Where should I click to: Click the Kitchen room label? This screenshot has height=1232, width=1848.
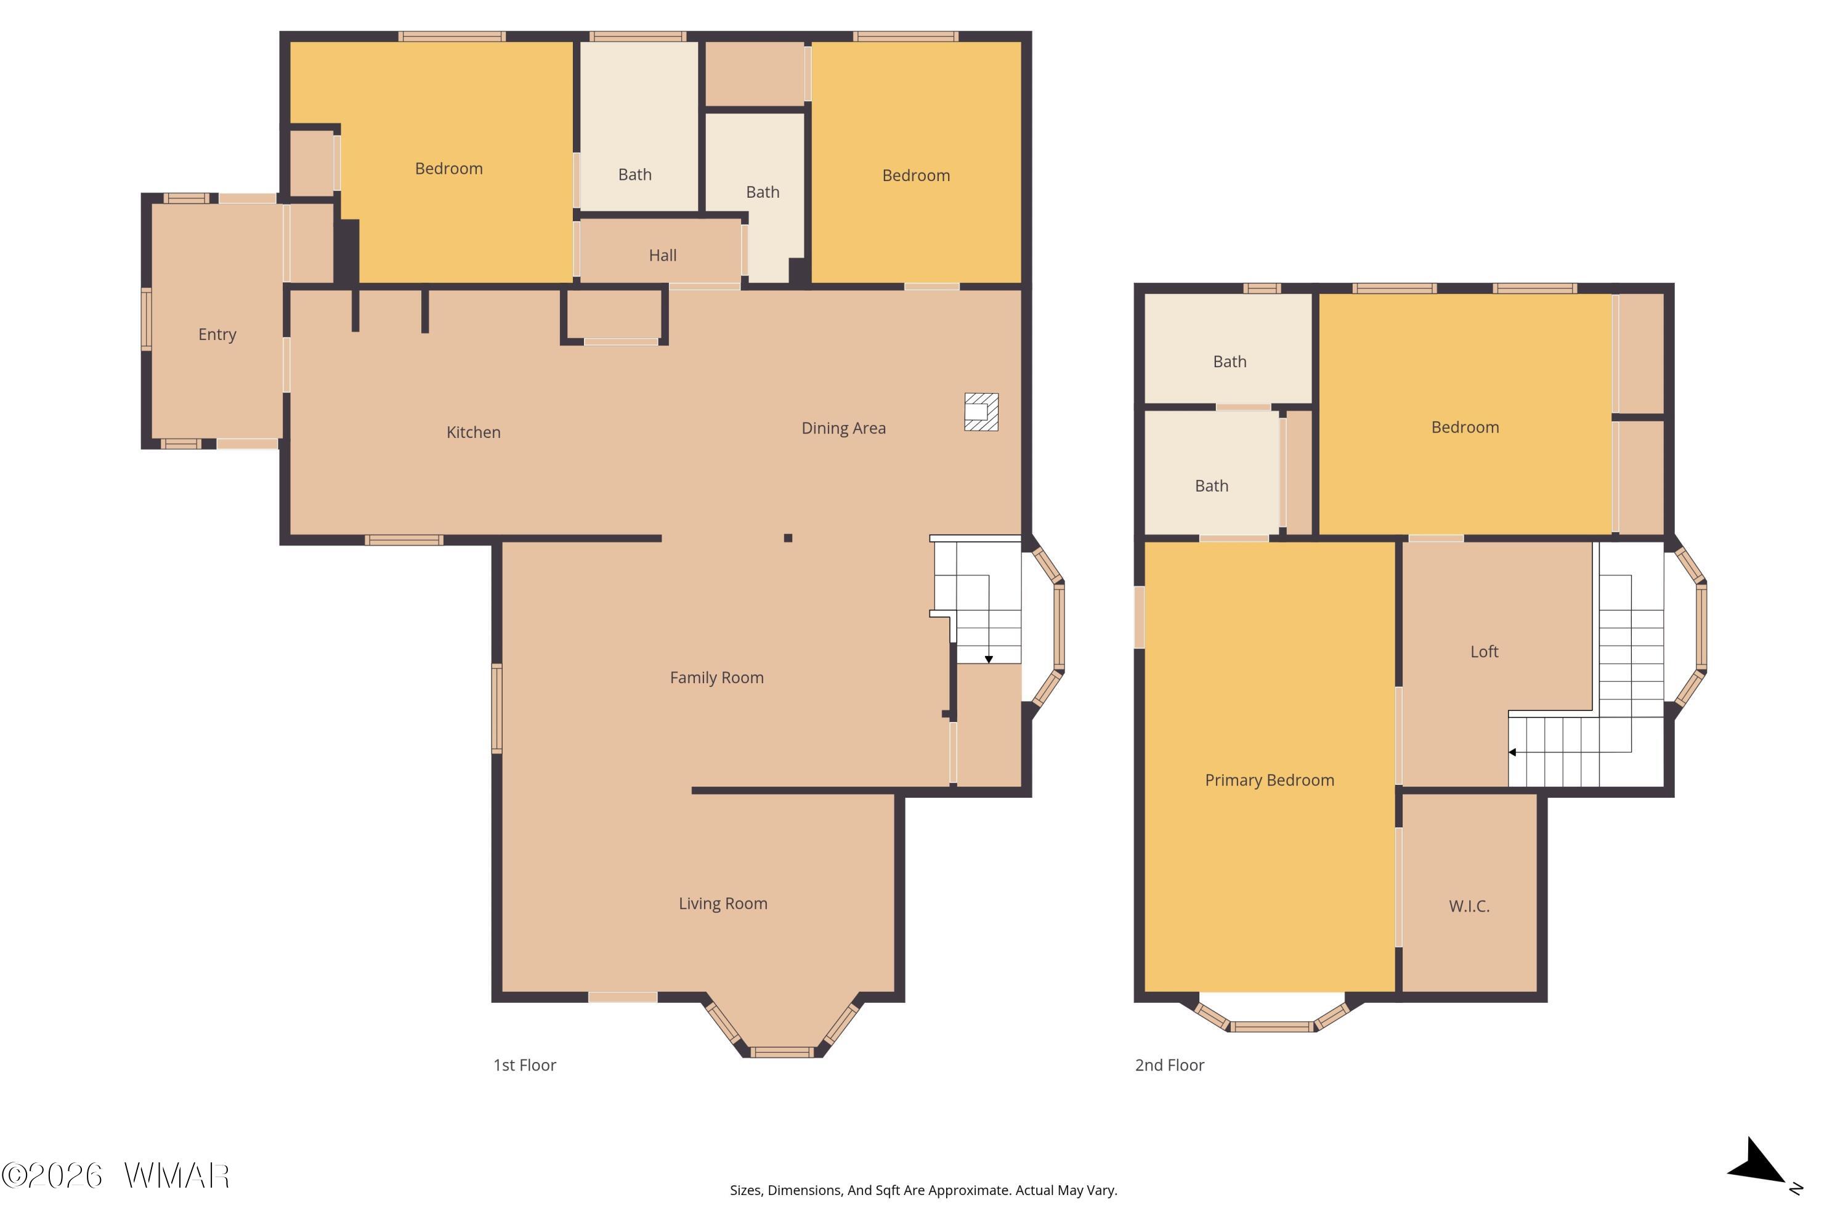tap(473, 432)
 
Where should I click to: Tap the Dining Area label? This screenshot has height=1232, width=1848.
tap(843, 428)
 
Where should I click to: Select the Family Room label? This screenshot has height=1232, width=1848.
tap(716, 677)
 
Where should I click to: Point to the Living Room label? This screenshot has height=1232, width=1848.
tap(723, 904)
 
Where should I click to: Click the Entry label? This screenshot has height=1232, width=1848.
tap(217, 334)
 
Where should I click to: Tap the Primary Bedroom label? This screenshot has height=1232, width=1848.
tap(1269, 780)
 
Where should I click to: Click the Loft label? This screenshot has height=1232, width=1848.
tap(1484, 651)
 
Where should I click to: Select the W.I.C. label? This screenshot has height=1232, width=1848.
tap(1469, 906)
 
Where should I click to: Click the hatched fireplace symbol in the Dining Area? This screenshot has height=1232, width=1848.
tap(981, 411)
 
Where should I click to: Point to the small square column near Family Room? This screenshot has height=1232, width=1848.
tap(788, 538)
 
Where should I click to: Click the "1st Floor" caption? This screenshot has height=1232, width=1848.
tap(524, 1066)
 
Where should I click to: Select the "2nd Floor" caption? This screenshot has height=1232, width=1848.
tap(1169, 1066)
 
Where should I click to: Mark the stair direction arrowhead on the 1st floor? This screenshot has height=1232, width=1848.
tap(989, 659)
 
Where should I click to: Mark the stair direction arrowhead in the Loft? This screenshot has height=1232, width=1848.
tap(1512, 752)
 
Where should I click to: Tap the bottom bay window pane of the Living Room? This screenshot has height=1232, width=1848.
tap(782, 1052)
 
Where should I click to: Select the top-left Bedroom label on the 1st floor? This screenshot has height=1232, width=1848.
tap(448, 168)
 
